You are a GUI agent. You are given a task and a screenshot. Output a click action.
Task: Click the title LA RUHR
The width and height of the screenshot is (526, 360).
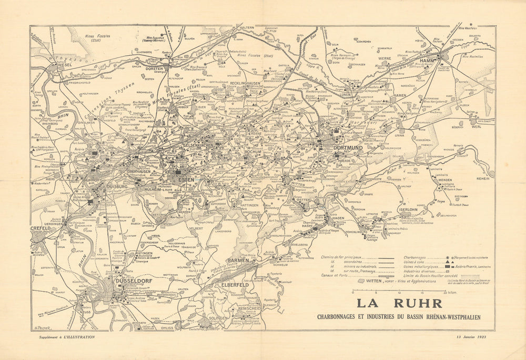tap(400, 304)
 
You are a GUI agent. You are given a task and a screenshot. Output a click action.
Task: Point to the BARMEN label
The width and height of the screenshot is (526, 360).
tap(238, 261)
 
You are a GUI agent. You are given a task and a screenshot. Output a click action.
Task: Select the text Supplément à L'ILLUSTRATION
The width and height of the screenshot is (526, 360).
tap(63, 337)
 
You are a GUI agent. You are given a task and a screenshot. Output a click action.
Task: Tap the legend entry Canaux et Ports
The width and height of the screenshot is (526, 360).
tap(335, 275)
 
